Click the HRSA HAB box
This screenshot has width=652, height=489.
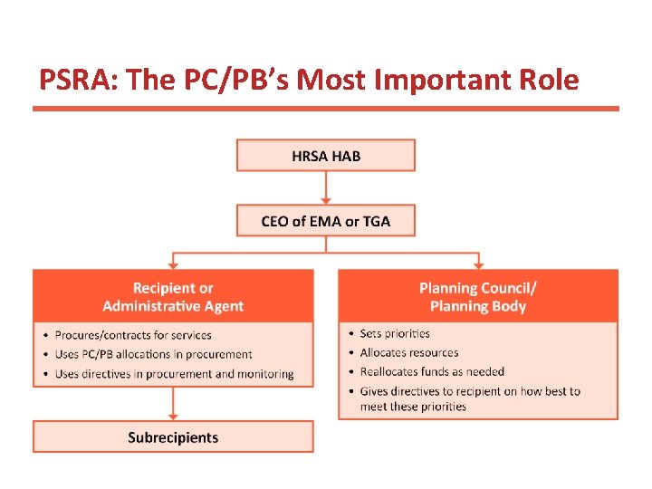click(x=326, y=155)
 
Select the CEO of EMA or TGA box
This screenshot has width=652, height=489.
click(x=326, y=221)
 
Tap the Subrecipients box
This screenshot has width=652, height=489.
click(x=173, y=437)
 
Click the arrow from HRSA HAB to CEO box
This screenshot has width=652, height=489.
click(x=326, y=187)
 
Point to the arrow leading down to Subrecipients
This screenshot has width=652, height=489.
click(x=173, y=404)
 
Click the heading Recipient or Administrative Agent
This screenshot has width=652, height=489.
click(x=173, y=296)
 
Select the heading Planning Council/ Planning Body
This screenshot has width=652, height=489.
click(x=478, y=296)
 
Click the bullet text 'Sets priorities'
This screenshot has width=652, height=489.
click(x=395, y=333)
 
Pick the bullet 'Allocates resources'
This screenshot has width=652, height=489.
click(x=409, y=352)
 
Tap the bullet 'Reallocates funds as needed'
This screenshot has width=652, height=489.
click(x=432, y=371)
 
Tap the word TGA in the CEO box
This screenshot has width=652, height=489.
click(x=375, y=221)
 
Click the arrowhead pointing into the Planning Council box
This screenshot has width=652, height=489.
click(x=478, y=264)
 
